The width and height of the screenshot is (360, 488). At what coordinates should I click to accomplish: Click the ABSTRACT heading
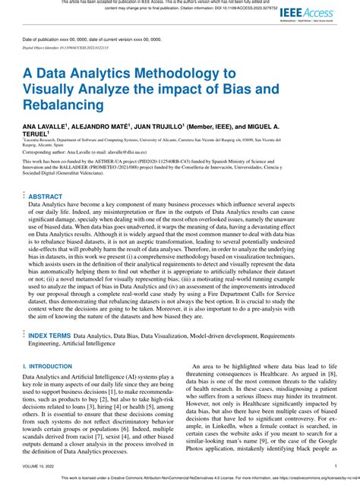pos(46,196)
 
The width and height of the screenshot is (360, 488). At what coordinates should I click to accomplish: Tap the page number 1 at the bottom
pos(336,467)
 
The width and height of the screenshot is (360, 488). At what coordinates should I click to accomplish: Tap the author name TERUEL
pos(38,132)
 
